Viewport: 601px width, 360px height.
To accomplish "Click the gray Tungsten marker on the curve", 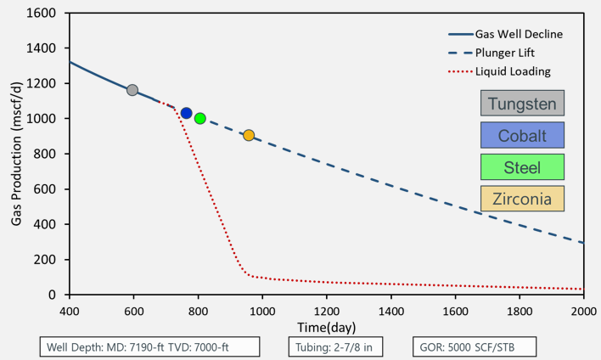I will (132, 90).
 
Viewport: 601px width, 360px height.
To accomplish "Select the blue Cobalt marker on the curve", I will (187, 113).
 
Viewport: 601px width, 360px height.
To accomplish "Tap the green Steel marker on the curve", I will (200, 119).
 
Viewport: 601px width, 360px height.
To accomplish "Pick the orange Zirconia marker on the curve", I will (249, 135).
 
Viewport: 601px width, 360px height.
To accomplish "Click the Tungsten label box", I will (522, 104).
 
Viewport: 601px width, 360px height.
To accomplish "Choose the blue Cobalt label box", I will (522, 136).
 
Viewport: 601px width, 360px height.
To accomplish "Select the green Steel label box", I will (522, 166).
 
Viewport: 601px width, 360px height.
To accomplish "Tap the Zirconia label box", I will (522, 198).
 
